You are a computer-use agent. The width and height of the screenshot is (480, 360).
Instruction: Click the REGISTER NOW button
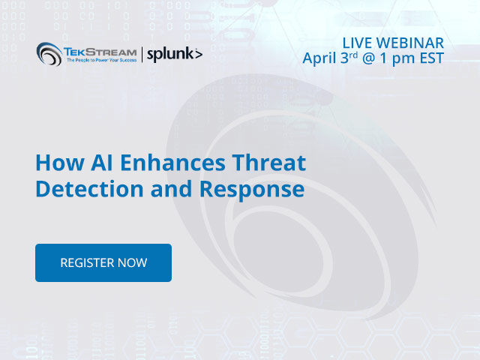[x=103, y=262]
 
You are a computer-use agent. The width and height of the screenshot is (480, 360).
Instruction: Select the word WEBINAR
[x=410, y=43]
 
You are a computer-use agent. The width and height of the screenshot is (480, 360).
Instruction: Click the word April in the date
[x=319, y=58]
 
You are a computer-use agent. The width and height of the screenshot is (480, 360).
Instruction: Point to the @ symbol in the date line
[x=369, y=58]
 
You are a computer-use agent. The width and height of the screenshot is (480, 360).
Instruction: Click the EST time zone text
[x=432, y=58]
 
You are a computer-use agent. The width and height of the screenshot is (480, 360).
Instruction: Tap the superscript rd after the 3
[x=353, y=55]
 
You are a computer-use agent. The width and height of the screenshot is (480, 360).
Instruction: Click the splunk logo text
[x=175, y=55]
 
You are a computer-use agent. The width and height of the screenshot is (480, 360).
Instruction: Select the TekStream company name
[x=100, y=52]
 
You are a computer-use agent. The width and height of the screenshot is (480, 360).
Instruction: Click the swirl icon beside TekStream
[x=49, y=54]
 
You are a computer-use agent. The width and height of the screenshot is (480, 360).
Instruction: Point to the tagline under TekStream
[x=102, y=60]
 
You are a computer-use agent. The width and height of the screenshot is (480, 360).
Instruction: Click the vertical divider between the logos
[x=142, y=55]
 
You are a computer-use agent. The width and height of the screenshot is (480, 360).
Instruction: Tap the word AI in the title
[x=102, y=163]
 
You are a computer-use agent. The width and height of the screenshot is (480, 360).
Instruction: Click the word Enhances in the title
[x=173, y=163]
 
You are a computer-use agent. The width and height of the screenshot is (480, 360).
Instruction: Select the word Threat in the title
[x=269, y=163]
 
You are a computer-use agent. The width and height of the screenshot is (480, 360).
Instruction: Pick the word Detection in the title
[x=89, y=189]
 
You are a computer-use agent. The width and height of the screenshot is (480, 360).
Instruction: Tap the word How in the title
[x=60, y=163]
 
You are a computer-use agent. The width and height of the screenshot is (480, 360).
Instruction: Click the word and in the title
[x=172, y=189]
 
